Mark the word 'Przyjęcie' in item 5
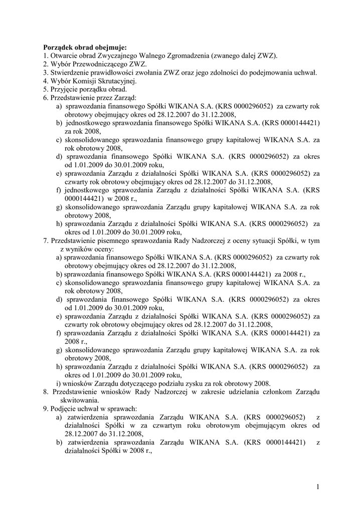point(65,89)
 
